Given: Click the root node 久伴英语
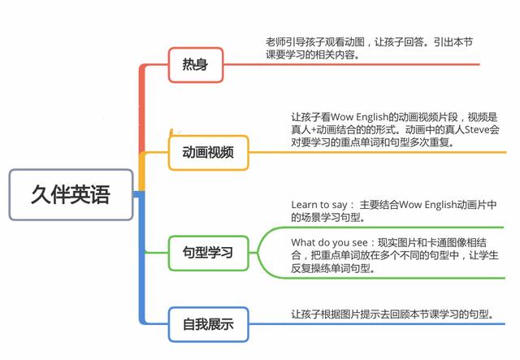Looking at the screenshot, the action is tap(71, 194).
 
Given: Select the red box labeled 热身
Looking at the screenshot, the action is tap(196, 64).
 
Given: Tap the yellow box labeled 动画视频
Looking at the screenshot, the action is tap(208, 153).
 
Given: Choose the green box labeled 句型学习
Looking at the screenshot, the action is tap(208, 252).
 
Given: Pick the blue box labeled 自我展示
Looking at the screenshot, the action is tap(208, 325).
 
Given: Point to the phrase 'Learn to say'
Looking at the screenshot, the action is tap(319, 204).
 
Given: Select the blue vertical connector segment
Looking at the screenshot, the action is tap(142, 260).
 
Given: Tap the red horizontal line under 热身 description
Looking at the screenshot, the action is tap(366, 64).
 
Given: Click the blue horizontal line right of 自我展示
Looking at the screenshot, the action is tap(374, 323).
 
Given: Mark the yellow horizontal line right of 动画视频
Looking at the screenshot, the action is tap(374, 151).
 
